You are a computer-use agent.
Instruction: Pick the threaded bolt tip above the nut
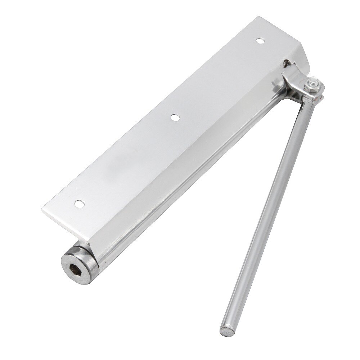click(316, 81)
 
